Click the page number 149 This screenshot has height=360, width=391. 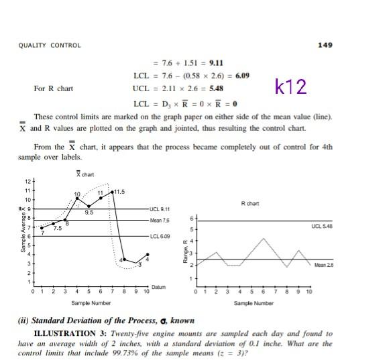coord(324,45)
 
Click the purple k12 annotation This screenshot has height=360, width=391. coord(290,87)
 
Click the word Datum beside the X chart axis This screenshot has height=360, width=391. coord(158,287)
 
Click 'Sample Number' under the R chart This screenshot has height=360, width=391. coord(254,304)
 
